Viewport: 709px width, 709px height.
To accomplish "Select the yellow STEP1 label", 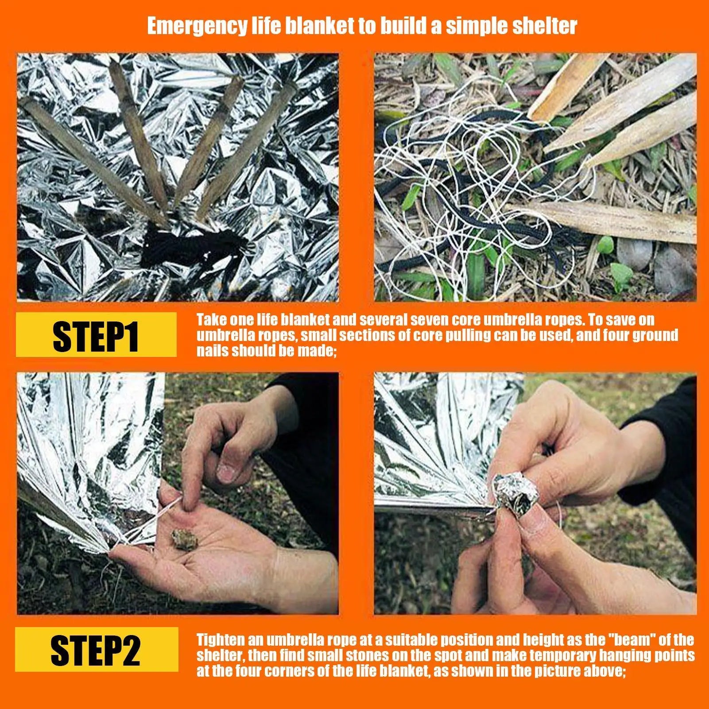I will pyautogui.click(x=96, y=335).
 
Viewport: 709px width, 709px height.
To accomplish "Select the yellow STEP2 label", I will pyautogui.click(x=96, y=650).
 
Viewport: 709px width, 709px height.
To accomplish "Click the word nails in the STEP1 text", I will pyautogui.click(x=213, y=351).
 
